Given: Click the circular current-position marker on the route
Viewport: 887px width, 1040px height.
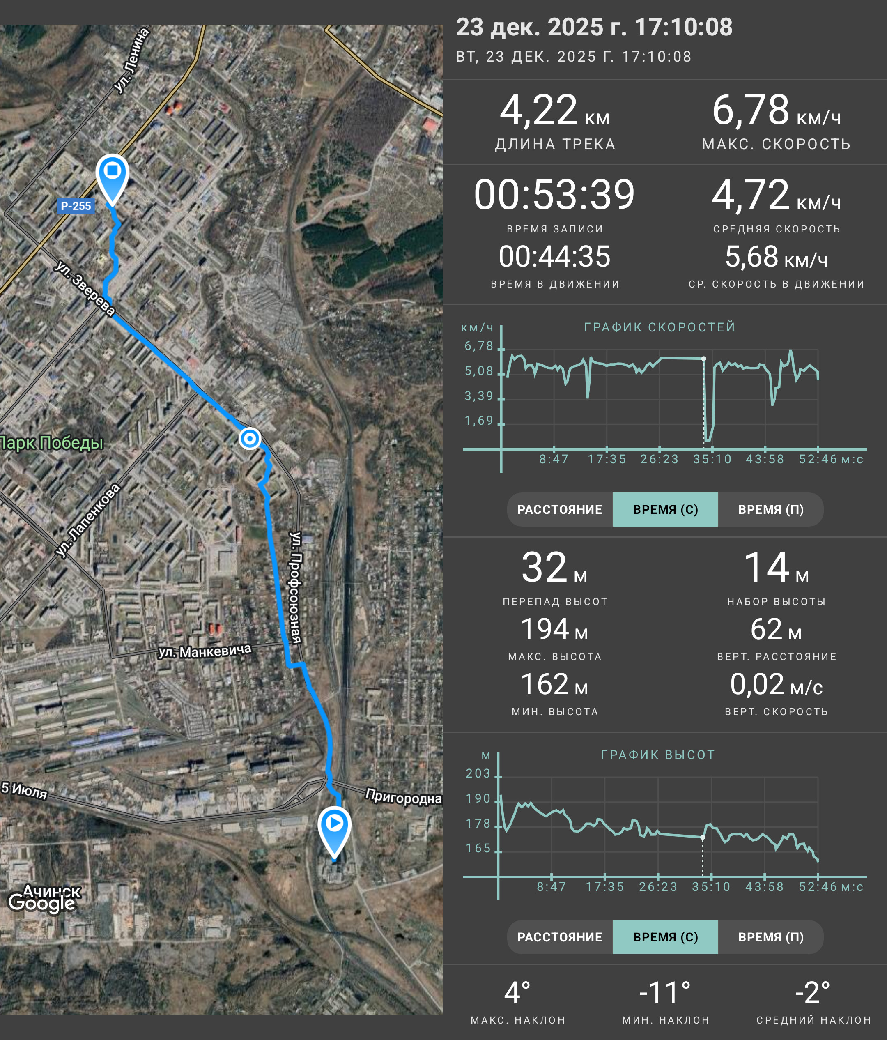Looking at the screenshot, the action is coord(249,438).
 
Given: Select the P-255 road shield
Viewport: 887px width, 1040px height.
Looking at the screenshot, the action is coord(76,206).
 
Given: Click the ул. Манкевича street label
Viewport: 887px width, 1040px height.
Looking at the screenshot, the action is coord(205,651).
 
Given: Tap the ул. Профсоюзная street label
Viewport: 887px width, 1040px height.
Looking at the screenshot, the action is coord(296,588).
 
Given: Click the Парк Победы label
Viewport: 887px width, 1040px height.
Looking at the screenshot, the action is coord(51,443).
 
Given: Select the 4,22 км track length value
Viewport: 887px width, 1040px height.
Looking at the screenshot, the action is coord(554,110).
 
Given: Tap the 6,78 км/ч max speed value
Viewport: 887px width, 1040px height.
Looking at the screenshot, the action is coord(776,110).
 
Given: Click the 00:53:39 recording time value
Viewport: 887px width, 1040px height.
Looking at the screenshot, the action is coord(554,195).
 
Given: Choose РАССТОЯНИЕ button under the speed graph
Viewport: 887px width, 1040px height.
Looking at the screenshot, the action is coord(560,509).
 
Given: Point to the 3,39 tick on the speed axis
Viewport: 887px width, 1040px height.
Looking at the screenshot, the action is coord(479,396).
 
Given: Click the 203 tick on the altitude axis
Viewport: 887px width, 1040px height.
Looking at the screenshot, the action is coord(478,773).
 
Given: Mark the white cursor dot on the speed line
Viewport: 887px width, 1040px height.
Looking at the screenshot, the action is coord(703,359).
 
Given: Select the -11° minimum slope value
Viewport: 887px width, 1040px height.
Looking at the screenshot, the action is coord(665,993).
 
